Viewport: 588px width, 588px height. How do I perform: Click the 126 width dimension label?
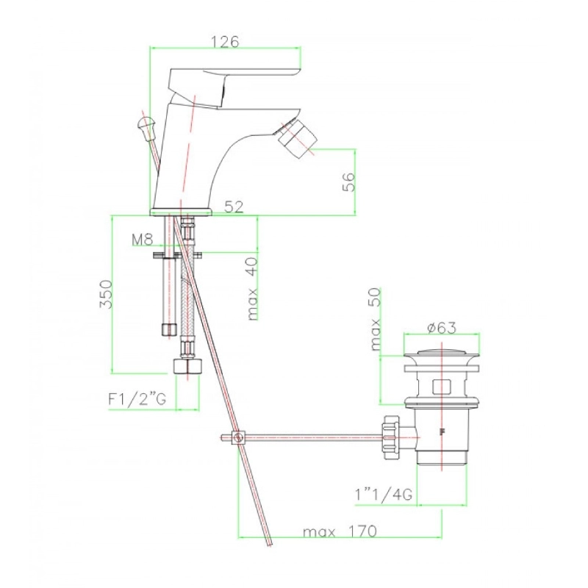[225, 41]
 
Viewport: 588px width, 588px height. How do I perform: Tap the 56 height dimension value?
[348, 182]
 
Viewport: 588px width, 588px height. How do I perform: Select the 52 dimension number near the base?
[234, 207]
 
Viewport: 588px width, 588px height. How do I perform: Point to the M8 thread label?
[143, 240]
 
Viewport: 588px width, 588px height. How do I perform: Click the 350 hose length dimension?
[106, 293]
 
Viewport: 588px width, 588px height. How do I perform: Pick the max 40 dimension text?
[253, 288]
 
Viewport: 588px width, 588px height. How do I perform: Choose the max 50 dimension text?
[375, 319]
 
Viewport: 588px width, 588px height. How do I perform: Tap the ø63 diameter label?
[442, 328]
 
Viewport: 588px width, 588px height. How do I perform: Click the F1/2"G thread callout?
[137, 399]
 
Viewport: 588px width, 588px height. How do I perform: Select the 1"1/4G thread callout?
[384, 494]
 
